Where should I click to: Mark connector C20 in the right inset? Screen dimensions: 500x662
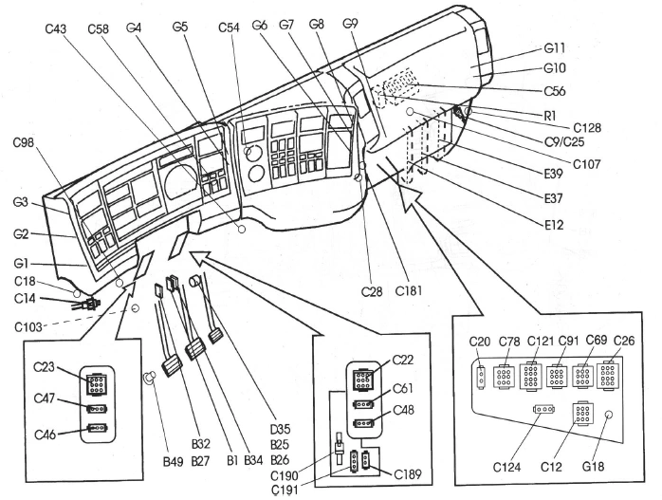pos(482,376)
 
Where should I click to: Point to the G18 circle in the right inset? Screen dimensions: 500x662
pos(609,415)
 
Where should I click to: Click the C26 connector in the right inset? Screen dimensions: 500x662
pos(608,376)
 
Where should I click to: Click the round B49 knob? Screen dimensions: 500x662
pos(148,379)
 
